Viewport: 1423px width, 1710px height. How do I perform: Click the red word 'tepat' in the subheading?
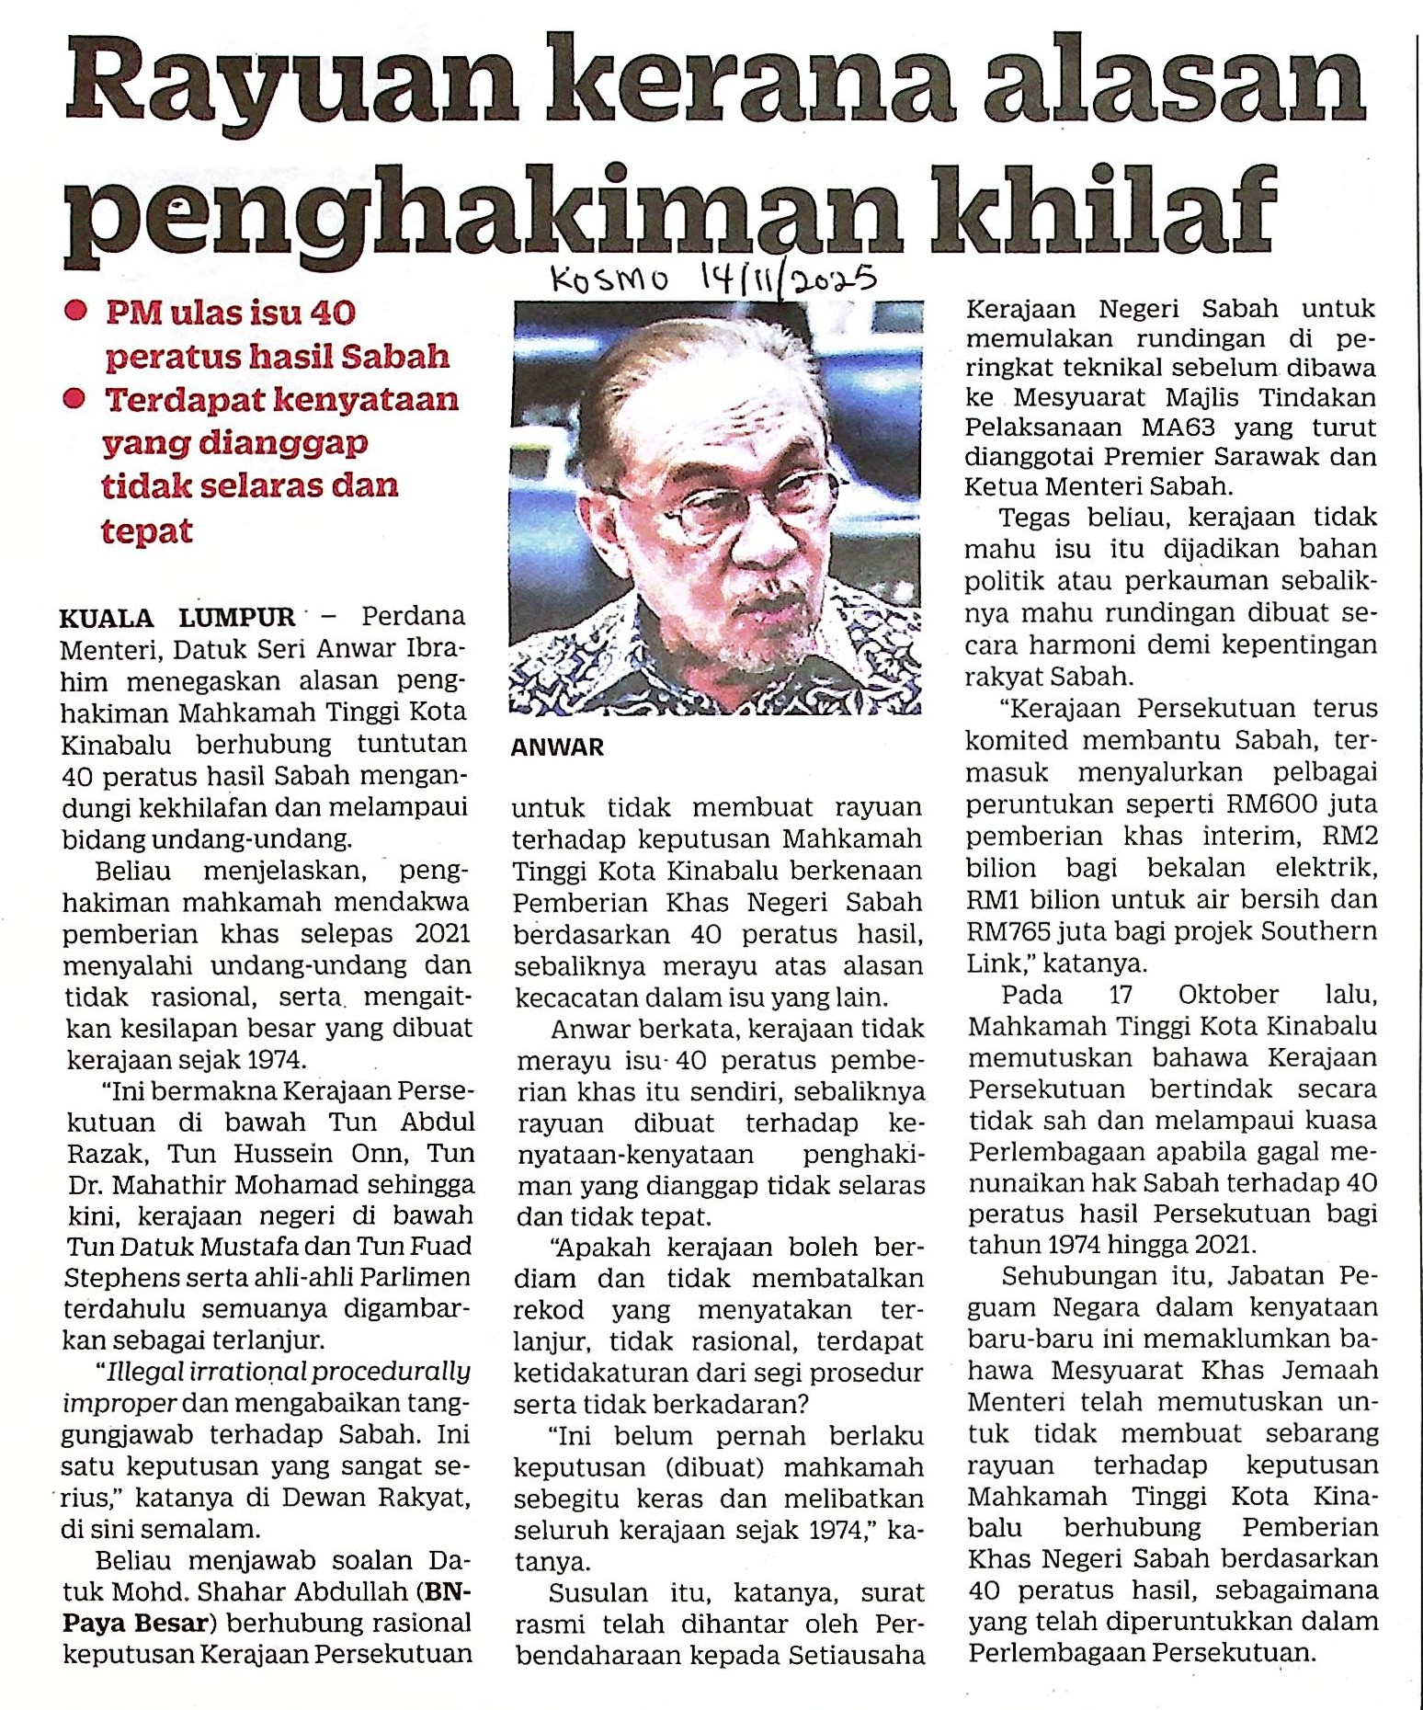point(147,530)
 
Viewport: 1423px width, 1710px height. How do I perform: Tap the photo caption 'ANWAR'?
point(557,747)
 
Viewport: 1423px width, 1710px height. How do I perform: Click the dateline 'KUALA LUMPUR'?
point(178,617)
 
